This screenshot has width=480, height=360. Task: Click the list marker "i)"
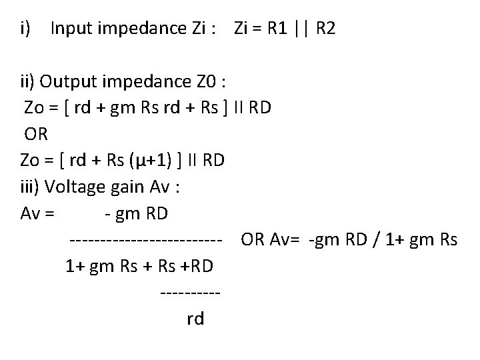point(27,29)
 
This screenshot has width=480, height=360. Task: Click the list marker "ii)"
point(28,82)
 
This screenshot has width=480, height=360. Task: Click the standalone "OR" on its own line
point(36,134)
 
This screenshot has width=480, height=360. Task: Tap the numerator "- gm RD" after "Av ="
point(137,213)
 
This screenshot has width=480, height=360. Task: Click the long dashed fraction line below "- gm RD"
point(145,239)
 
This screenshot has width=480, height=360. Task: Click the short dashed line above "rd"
point(191,292)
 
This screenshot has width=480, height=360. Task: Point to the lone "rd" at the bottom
point(195,319)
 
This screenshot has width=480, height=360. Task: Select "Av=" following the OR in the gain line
point(286,239)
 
